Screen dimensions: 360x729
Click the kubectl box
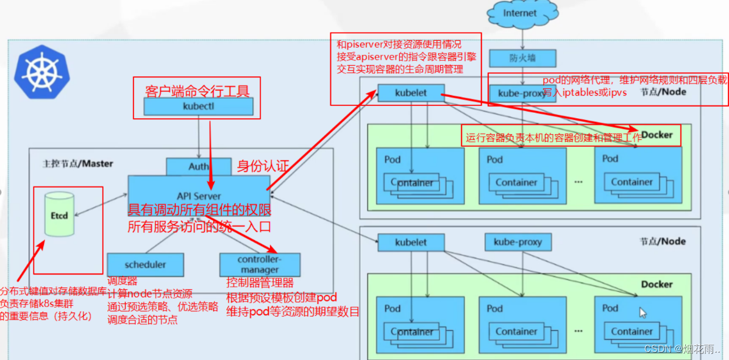tap(199, 106)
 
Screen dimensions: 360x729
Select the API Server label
tap(199, 196)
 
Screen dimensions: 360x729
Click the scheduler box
tap(145, 265)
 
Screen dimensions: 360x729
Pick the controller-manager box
tap(259, 265)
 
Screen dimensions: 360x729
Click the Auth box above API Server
tap(199, 166)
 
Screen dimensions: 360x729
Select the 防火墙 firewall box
tap(522, 58)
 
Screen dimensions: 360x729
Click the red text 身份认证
tap(262, 166)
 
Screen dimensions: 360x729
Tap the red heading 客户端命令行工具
tap(197, 91)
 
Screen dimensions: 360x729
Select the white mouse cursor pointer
tap(642, 312)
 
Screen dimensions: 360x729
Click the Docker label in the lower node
tap(656, 284)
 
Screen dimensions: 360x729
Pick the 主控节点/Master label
tap(77, 164)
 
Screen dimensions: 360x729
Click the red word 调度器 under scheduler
tap(123, 281)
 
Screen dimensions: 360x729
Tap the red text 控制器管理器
tap(260, 283)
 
